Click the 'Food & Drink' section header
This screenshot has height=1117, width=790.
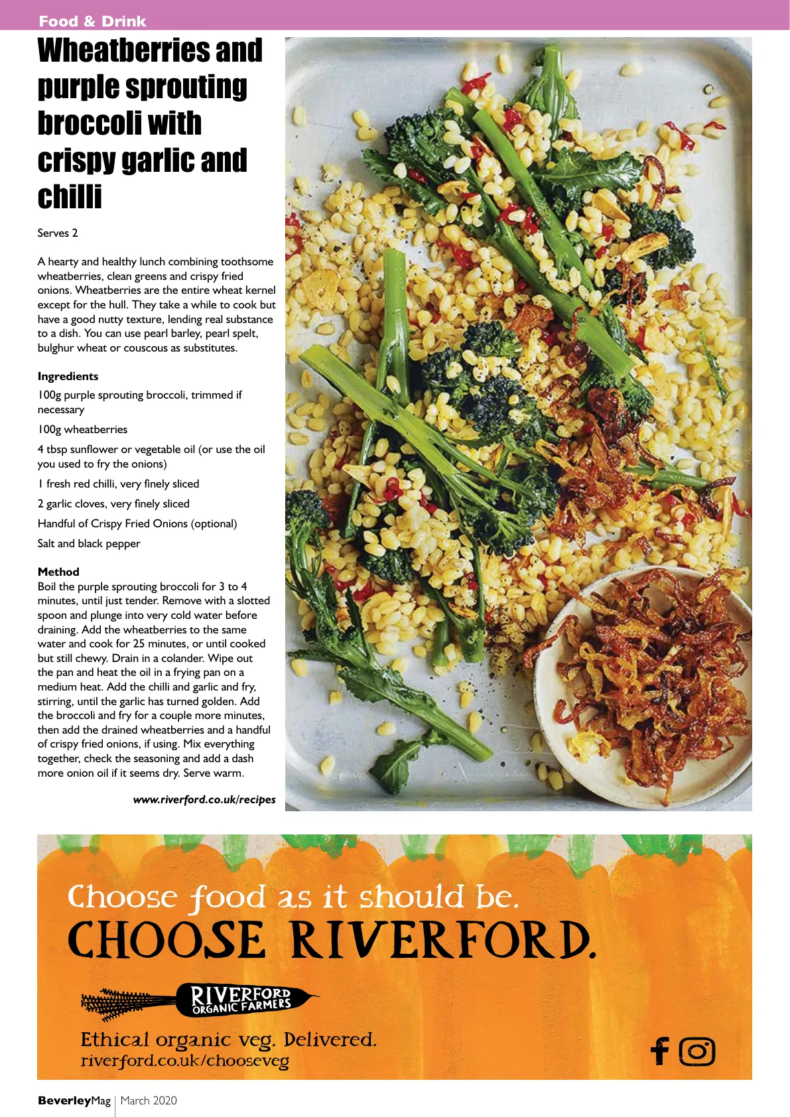[92, 21]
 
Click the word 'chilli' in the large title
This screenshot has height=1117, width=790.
[70, 197]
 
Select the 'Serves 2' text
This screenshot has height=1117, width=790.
[58, 233]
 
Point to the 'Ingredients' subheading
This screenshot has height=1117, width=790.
[68, 376]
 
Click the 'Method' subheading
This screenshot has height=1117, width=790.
[58, 572]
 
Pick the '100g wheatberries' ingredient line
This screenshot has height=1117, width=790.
[82, 429]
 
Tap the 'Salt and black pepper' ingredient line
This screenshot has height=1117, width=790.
[89, 543]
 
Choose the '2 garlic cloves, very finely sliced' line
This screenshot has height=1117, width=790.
[113, 503]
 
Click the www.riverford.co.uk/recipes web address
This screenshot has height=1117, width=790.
[204, 799]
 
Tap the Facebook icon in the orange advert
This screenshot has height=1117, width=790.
[660, 1051]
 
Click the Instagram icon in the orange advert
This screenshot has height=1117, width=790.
[697, 1051]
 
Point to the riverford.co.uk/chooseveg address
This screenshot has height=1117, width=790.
[184, 1061]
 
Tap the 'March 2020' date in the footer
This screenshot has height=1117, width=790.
[149, 1100]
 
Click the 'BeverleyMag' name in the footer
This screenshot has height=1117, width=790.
[74, 1100]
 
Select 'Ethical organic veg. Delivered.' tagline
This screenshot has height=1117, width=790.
[228, 1039]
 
